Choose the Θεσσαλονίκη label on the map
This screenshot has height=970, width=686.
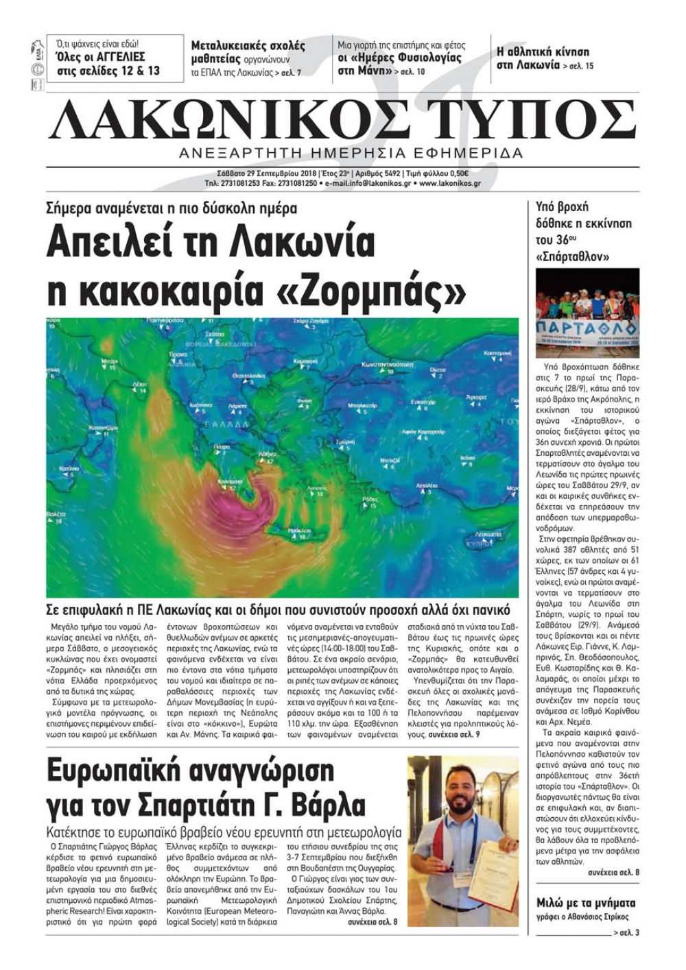pos(249,376)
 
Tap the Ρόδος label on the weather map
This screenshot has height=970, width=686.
pos(370,499)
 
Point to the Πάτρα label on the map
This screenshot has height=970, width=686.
pos(222,446)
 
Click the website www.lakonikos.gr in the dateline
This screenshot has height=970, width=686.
pos(450,184)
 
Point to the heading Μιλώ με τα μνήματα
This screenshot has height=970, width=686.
pos(586,903)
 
